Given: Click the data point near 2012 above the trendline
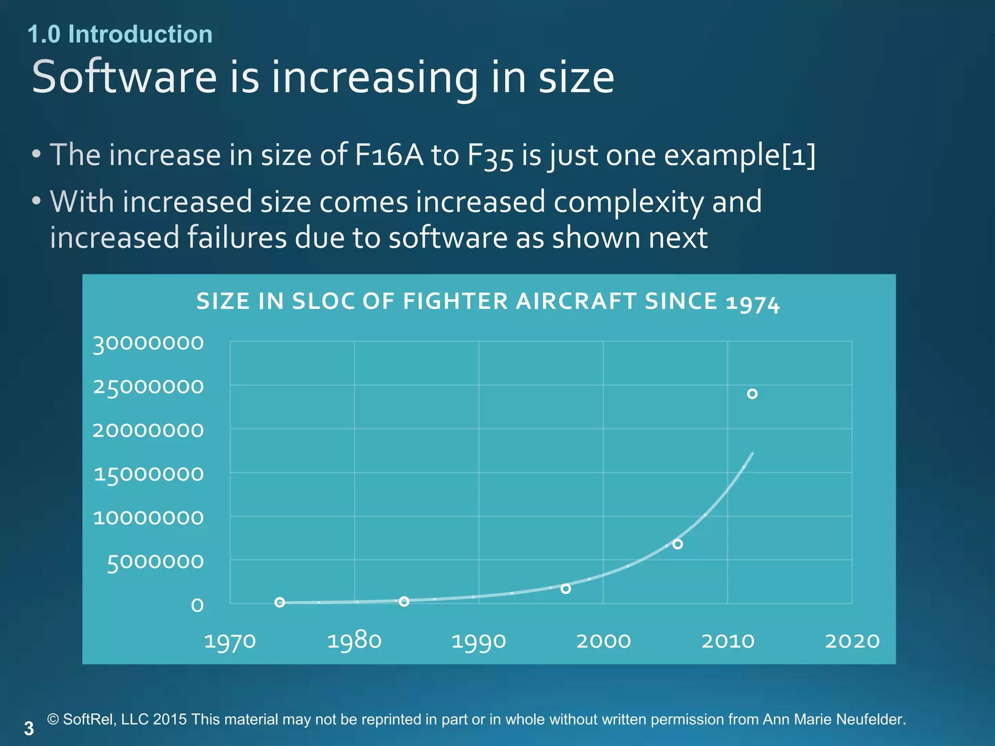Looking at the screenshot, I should (752, 394).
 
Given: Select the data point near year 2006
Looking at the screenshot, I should (678, 544).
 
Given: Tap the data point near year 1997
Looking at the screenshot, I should (566, 589).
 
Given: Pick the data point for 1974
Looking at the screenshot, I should (280, 602).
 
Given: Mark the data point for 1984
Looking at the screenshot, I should (404, 601).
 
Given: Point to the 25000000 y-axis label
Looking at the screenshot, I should (148, 387).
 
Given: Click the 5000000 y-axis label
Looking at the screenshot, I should (155, 562).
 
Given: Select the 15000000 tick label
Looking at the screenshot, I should (148, 475).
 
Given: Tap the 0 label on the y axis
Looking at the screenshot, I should (197, 605).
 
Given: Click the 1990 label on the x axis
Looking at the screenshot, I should (479, 641).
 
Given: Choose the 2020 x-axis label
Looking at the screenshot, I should (852, 641).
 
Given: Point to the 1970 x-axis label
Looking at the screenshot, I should (230, 641).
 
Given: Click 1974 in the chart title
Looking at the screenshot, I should (753, 304).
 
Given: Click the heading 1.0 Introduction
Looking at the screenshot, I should (120, 34).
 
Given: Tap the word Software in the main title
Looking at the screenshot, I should (124, 77).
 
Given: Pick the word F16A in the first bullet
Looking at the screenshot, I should (389, 155).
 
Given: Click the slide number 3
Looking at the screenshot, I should (29, 729).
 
